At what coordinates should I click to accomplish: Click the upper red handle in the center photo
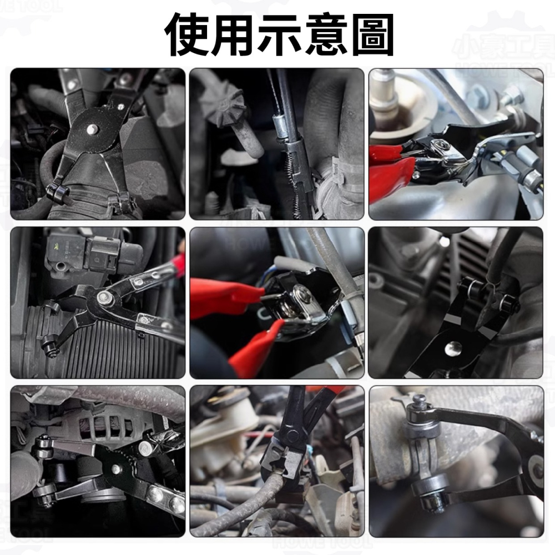pyautogui.click(x=222, y=291)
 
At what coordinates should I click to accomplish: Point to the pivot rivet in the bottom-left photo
pyautogui.click(x=116, y=469)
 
